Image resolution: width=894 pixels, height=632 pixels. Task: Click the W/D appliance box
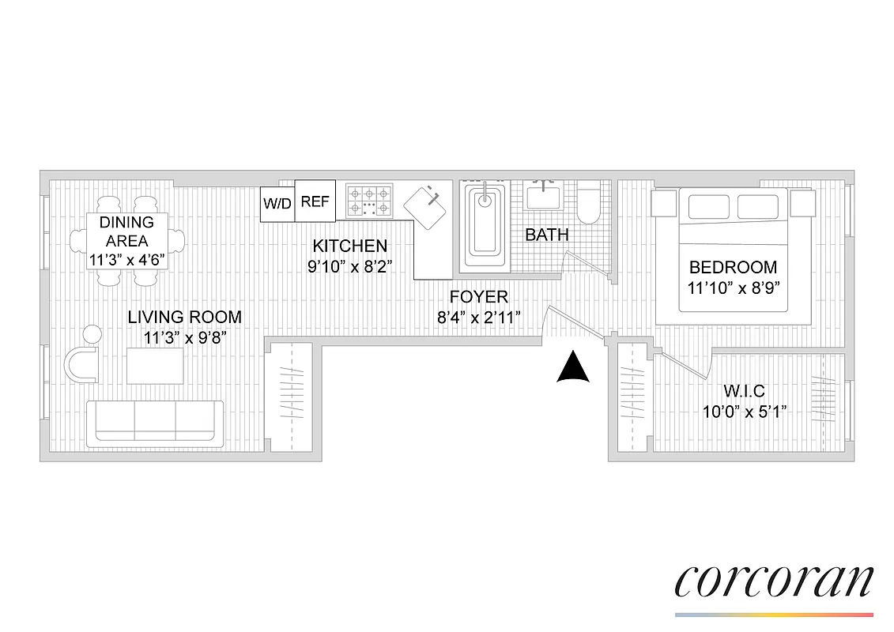click(277, 203)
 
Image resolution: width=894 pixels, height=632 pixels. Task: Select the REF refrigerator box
click(315, 201)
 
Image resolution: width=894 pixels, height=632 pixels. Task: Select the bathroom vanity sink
click(543, 195)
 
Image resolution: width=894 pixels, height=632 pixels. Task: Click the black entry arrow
click(574, 368)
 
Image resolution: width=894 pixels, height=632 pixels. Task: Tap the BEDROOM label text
click(733, 267)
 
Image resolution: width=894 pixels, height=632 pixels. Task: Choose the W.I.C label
click(744, 390)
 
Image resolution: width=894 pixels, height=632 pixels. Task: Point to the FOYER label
click(478, 297)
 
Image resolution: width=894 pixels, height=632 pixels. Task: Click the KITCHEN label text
click(349, 246)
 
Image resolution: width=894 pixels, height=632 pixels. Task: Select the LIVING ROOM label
click(185, 318)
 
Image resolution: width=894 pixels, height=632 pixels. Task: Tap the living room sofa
click(155, 420)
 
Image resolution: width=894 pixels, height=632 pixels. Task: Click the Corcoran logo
click(774, 582)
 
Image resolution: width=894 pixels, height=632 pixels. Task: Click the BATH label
click(547, 235)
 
